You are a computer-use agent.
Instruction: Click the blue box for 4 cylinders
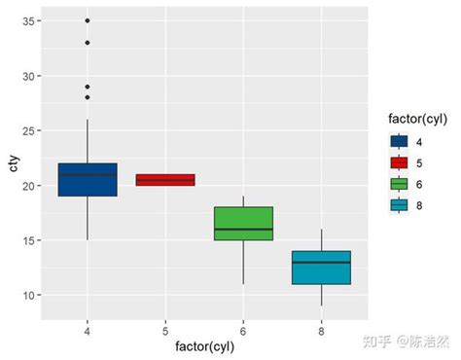88,181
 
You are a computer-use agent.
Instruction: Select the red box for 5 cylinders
165,179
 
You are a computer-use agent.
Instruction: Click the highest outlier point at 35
88,20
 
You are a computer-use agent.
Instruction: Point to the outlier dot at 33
88,42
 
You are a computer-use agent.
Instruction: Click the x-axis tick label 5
165,330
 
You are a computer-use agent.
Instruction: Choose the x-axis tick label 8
321,330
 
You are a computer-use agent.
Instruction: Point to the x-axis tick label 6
243,330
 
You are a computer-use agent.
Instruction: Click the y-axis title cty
12,164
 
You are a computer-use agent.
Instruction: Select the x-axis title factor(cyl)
204,346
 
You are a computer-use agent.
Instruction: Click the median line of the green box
243,230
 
